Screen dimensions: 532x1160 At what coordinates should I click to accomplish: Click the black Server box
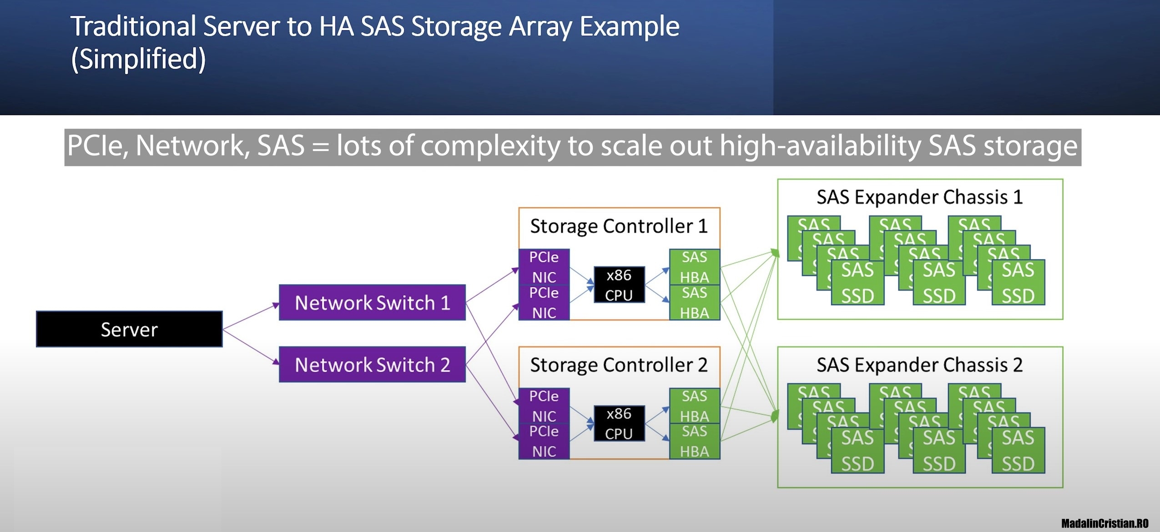pos(129,329)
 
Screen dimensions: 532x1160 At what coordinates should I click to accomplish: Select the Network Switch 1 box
pos(372,303)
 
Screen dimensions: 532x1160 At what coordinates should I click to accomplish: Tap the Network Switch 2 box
pos(372,365)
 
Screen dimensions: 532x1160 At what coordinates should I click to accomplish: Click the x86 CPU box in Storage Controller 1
pos(619,285)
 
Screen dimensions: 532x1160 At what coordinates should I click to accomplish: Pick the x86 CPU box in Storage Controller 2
pos(619,423)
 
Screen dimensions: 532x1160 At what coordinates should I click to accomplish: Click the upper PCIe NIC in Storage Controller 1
pos(544,267)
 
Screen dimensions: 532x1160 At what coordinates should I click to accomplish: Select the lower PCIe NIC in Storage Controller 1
pos(544,303)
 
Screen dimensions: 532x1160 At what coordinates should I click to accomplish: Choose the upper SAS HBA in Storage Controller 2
pos(694,406)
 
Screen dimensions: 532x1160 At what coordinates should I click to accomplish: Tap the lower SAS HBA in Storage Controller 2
pos(694,442)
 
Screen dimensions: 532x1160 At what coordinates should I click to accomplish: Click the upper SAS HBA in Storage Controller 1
pos(694,267)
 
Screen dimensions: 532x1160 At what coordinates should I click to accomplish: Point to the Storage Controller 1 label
pos(619,226)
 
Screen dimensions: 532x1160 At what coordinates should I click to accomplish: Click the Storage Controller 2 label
pos(619,365)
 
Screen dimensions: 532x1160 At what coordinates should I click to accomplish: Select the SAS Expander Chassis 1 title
pos(919,197)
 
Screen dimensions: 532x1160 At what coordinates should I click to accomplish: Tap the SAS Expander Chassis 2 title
pos(919,365)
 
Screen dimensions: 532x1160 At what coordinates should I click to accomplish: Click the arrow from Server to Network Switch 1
pos(251,316)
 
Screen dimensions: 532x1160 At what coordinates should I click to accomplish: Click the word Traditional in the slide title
pos(133,26)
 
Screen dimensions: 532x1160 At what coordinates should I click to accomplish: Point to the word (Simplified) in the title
pos(138,59)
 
